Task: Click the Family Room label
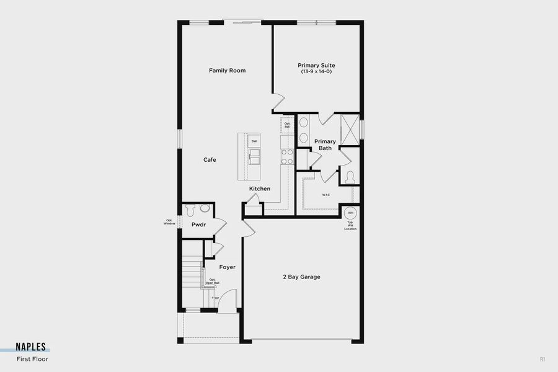[x=227, y=71]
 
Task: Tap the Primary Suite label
[x=316, y=65]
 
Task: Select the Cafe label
[x=210, y=160]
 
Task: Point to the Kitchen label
[x=260, y=188]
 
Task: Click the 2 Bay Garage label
[x=301, y=277]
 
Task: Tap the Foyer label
[x=227, y=267]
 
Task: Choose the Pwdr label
[x=198, y=224]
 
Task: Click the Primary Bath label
[x=325, y=145]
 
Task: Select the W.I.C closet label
[x=325, y=195]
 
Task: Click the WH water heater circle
[x=350, y=213]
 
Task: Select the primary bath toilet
[x=350, y=177]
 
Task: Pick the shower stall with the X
[x=350, y=129]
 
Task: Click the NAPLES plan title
[x=32, y=348]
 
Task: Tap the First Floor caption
[x=32, y=359]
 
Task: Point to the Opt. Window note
[x=169, y=222]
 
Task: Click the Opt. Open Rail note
[x=213, y=281]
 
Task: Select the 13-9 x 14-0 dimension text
[x=316, y=72]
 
